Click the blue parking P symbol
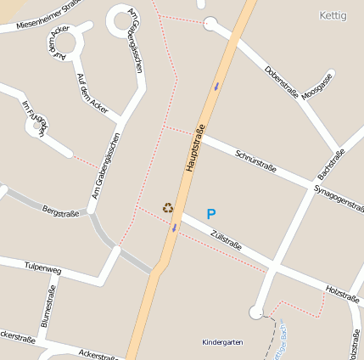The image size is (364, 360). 211,215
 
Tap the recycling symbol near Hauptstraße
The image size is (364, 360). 168,207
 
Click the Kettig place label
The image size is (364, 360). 333,15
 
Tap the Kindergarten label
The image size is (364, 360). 222,342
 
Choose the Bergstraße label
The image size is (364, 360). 60,211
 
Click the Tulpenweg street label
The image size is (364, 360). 43,269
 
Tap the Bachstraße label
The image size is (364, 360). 331,162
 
